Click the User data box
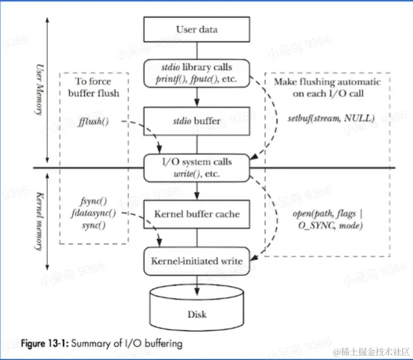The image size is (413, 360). pos(196,29)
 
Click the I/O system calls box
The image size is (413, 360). pos(196,167)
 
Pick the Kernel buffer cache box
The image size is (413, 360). pos(196,214)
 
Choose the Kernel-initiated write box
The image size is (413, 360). pos(196,261)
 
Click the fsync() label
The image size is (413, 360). pos(94,200)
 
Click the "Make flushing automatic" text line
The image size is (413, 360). pos(328,82)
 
